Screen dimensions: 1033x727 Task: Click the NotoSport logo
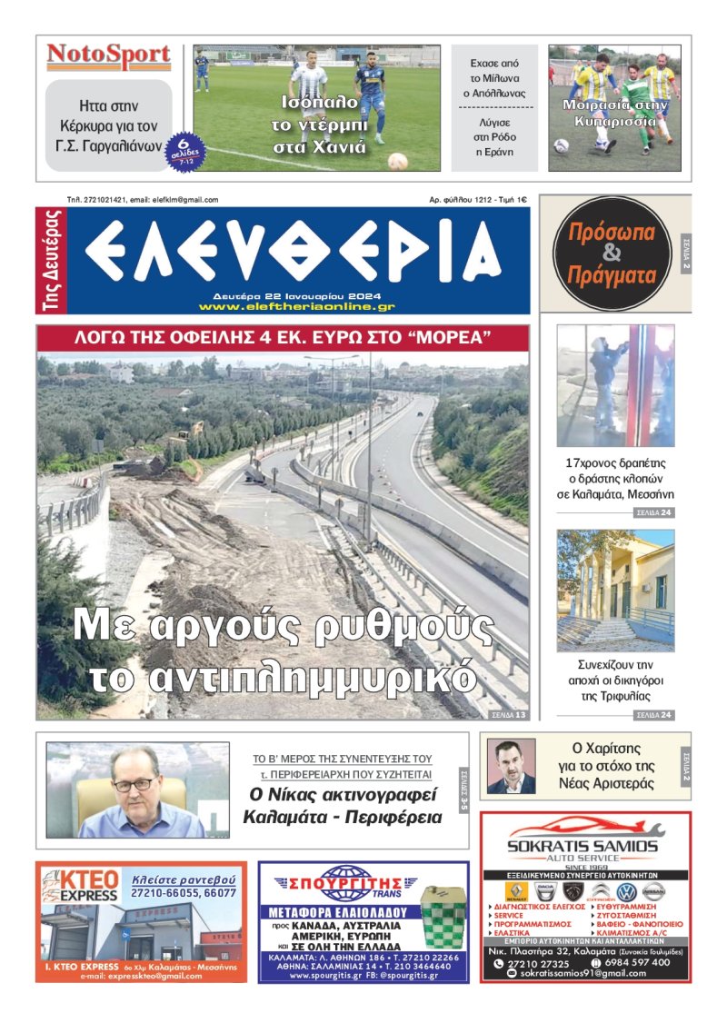[x=109, y=57]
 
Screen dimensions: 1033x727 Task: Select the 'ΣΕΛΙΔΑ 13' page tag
[x=508, y=715]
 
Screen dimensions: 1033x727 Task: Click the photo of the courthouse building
[x=615, y=591]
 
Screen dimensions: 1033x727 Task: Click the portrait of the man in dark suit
[x=511, y=767]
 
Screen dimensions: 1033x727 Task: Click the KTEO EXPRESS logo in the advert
[x=80, y=886]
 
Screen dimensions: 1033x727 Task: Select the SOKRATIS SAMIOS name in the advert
[x=583, y=846]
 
